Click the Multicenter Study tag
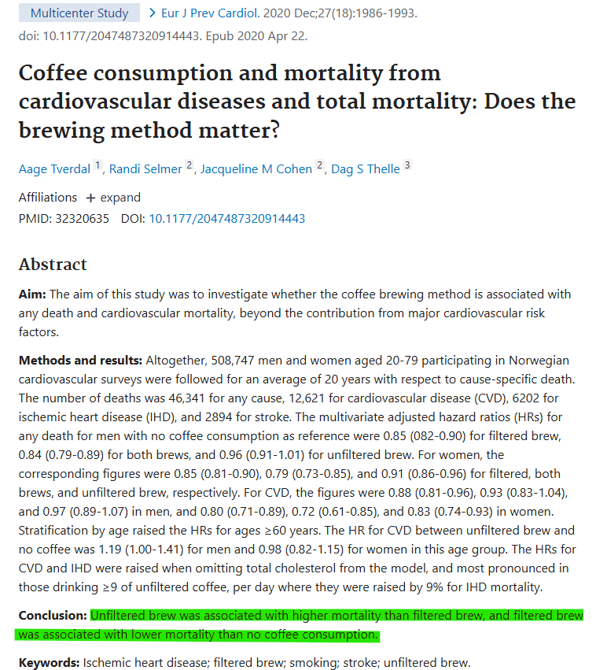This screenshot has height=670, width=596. [79, 13]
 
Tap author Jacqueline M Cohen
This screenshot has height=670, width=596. [256, 168]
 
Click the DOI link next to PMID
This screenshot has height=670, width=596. [227, 218]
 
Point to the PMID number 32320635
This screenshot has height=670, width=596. [83, 218]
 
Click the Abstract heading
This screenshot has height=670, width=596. [53, 264]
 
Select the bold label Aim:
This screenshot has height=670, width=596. [32, 294]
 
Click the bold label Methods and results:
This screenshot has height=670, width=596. [80, 361]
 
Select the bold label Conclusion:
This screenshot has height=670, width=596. [53, 616]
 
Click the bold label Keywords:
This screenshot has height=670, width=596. [50, 662]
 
